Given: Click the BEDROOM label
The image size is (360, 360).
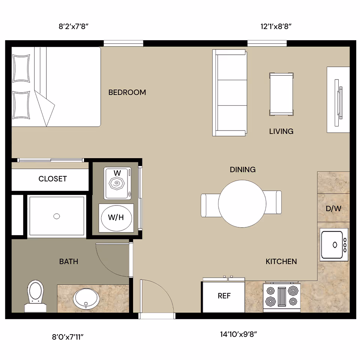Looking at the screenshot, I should (x=127, y=92).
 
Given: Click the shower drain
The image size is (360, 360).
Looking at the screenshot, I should (x=57, y=216).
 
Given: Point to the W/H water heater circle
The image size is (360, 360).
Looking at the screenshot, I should (x=116, y=217).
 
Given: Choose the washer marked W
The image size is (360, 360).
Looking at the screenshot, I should (x=117, y=183).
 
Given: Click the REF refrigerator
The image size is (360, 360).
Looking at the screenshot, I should (x=224, y=296).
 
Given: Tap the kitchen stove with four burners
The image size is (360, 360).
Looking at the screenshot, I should (x=282, y=297).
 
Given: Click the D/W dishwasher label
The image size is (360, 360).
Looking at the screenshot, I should (x=333, y=208).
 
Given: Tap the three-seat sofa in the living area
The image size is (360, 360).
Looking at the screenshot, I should (x=230, y=93).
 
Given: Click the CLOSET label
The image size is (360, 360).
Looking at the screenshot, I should (x=52, y=179).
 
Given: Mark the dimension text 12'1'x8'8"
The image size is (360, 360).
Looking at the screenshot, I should (x=276, y=27).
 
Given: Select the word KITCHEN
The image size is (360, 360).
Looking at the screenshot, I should (x=281, y=261).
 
